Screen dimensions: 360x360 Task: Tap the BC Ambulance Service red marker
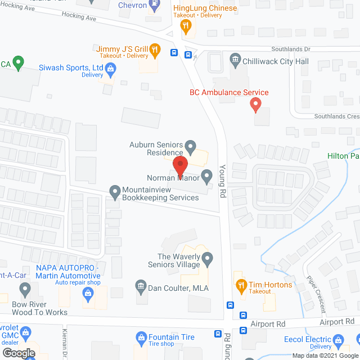click(x=255, y=104)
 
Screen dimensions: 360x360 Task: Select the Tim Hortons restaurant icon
click(x=241, y=285)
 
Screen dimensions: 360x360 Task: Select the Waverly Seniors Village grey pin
click(x=208, y=259)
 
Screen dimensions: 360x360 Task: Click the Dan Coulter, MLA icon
click(x=140, y=287)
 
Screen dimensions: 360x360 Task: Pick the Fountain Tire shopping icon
click(x=141, y=337)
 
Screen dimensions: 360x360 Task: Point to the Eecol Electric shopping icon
click(x=338, y=340)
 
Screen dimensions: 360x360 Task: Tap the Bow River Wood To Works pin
click(x=25, y=290)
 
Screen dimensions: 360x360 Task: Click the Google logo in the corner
click(x=18, y=354)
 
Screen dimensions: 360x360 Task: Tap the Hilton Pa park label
click(x=344, y=156)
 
